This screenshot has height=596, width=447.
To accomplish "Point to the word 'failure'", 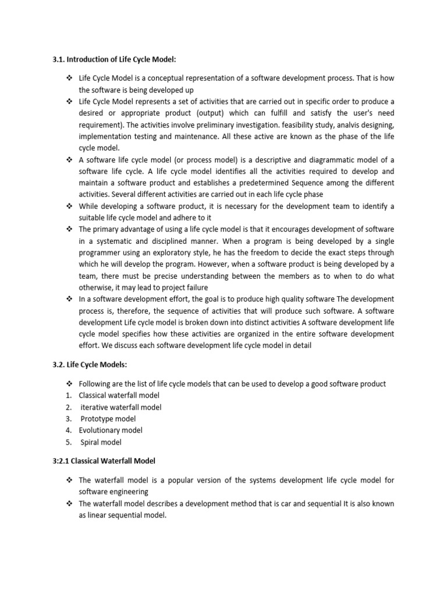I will [194, 288].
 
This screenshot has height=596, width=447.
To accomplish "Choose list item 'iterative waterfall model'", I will [120, 407].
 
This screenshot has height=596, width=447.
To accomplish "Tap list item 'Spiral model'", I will [101, 442].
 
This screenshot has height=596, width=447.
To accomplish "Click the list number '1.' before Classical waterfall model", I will [68, 396].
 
